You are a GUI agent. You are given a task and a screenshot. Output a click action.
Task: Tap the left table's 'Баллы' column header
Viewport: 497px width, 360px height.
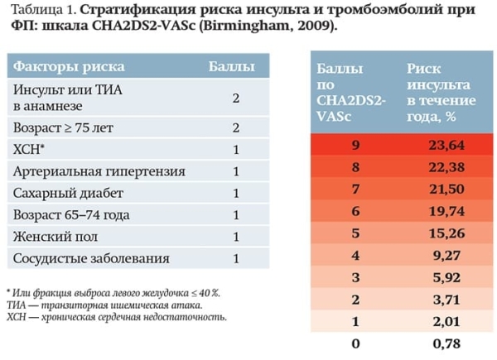(x=231, y=66)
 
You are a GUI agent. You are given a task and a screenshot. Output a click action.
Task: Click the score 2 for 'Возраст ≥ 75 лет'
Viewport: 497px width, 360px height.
(x=236, y=128)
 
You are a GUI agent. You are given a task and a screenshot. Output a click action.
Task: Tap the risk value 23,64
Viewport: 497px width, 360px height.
(x=447, y=146)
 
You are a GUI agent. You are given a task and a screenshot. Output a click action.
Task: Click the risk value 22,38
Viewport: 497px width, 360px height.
(x=447, y=168)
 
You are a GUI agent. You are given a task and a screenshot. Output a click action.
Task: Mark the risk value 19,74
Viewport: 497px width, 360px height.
(x=447, y=212)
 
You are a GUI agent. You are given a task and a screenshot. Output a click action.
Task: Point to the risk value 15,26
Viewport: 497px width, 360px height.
(x=447, y=233)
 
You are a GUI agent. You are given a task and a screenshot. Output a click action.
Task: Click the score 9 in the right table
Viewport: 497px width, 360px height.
(x=356, y=146)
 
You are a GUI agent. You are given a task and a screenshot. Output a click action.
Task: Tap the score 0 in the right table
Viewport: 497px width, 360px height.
(x=356, y=342)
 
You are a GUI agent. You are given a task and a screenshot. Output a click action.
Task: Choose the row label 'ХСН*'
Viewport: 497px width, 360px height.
(x=29, y=150)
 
